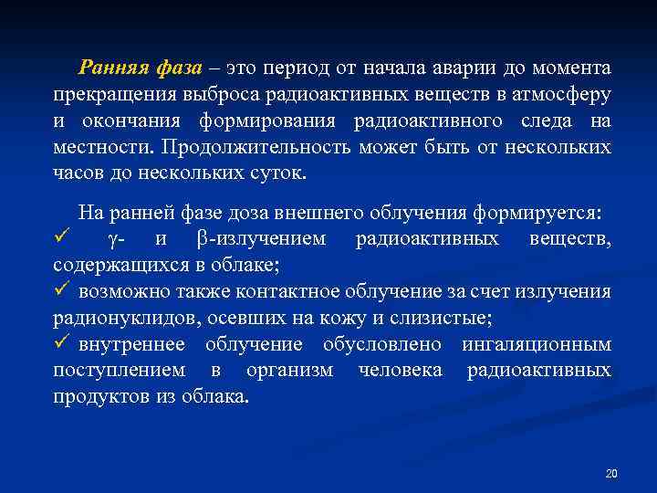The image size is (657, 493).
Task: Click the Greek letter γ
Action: click(112, 240)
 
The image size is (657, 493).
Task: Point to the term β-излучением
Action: click(260, 240)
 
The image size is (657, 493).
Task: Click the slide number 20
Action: click(611, 473)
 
